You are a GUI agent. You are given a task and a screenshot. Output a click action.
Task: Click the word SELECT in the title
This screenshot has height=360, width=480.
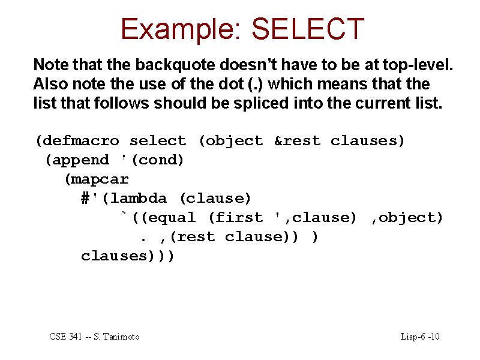click(x=308, y=29)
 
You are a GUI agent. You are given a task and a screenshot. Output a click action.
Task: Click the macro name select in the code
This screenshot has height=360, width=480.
click(x=158, y=141)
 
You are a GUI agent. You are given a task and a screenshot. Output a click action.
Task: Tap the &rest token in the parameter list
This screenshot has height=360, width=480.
click(x=297, y=141)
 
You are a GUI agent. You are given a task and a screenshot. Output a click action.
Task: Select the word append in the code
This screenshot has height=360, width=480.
click(x=80, y=160)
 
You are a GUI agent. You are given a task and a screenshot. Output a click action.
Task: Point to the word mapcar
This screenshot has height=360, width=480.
click(x=100, y=179)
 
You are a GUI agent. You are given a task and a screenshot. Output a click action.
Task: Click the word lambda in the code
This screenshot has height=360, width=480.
click(x=139, y=199)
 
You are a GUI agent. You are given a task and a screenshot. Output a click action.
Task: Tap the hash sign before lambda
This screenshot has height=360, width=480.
click(x=85, y=199)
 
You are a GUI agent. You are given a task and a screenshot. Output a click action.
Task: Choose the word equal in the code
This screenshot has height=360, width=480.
click(x=172, y=218)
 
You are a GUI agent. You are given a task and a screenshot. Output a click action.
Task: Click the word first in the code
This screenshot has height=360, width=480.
click(x=239, y=217)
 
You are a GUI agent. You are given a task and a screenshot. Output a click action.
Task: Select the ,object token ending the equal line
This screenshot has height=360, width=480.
click(x=407, y=218)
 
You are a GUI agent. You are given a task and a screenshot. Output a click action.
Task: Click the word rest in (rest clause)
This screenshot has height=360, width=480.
click(x=196, y=237)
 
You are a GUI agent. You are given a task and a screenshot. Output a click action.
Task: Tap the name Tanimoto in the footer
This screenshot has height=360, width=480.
click(x=121, y=337)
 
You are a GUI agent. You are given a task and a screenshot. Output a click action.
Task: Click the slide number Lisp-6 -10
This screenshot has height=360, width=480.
click(x=420, y=337)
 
